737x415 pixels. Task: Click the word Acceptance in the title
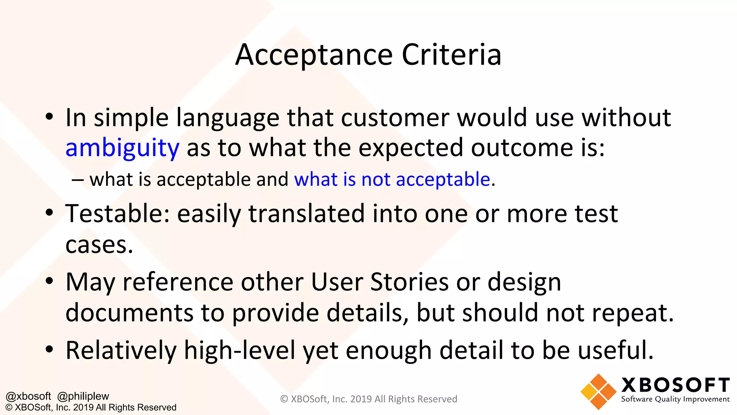pos(314,55)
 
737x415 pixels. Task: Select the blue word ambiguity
pos(122,148)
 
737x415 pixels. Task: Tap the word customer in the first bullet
pos(395,118)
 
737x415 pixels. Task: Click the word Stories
pos(410,282)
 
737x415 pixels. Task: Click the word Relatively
pos(121,350)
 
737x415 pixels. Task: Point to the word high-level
pos(240,350)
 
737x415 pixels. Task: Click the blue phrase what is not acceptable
pos(392,179)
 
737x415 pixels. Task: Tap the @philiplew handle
pos(83,396)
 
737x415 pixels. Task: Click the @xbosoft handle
pos(28,396)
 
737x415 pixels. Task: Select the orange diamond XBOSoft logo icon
pos(598,392)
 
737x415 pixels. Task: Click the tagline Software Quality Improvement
pos(675,399)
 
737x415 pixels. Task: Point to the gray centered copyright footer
pos(368,399)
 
